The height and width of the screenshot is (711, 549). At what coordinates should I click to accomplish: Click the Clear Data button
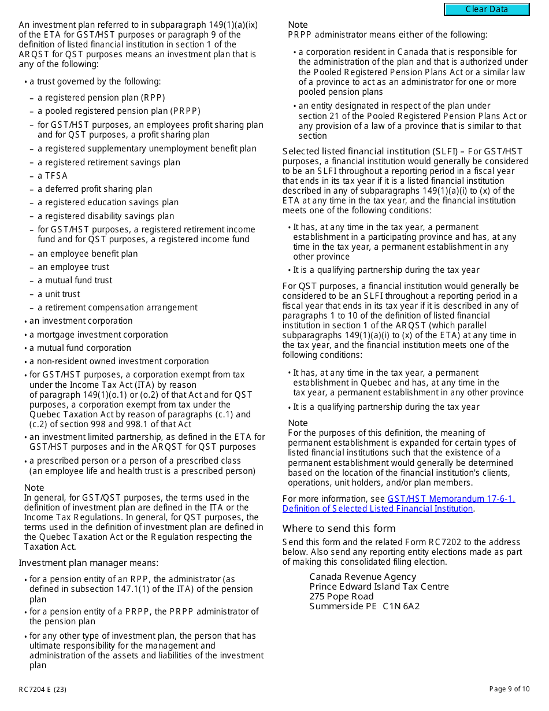[487, 9]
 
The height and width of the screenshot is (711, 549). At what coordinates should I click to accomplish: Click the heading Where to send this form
[339, 528]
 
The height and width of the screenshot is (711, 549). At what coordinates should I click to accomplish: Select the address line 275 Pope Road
[341, 597]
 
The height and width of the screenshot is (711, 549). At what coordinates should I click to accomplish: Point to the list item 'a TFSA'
[53, 176]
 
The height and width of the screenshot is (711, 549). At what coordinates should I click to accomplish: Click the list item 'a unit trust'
[58, 294]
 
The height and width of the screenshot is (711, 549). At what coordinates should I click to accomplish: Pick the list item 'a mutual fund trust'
[75, 280]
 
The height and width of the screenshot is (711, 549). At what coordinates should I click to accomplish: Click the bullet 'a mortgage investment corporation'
[98, 335]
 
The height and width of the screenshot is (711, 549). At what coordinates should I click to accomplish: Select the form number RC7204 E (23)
[42, 689]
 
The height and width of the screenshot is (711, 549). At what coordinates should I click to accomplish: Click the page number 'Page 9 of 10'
[509, 689]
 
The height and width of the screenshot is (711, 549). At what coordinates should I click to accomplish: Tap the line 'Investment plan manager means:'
[88, 563]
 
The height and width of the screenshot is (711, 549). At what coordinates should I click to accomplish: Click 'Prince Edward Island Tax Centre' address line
[379, 587]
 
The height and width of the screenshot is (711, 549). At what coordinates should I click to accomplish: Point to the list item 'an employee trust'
[73, 267]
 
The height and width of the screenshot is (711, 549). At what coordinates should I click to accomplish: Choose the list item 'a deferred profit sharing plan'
[95, 189]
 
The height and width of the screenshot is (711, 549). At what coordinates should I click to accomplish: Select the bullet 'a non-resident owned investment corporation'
[119, 361]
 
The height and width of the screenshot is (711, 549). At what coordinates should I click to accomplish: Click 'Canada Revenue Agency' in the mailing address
[362, 577]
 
